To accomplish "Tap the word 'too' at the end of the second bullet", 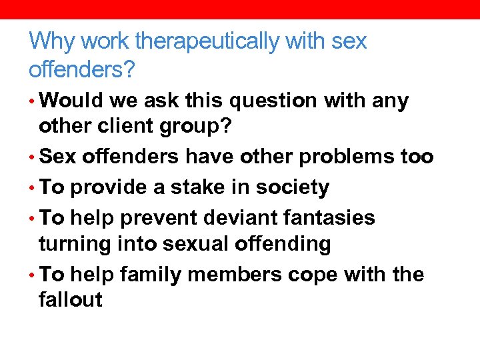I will (x=418, y=157).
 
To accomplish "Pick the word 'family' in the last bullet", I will (x=151, y=274).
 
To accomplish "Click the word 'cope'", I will (x=315, y=275).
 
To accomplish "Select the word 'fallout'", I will (x=71, y=300).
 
